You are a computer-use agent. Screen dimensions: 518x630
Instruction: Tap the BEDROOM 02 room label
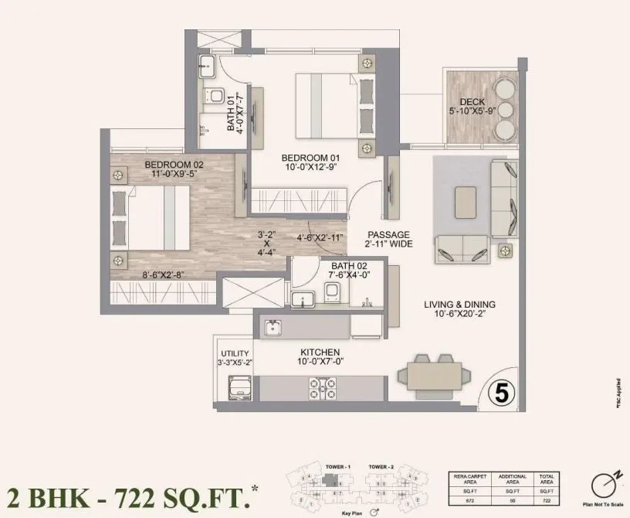[174, 165]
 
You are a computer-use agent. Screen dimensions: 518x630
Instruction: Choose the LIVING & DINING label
[459, 305]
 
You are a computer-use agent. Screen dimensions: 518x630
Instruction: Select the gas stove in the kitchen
[321, 386]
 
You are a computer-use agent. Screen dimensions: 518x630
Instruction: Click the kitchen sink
[272, 329]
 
